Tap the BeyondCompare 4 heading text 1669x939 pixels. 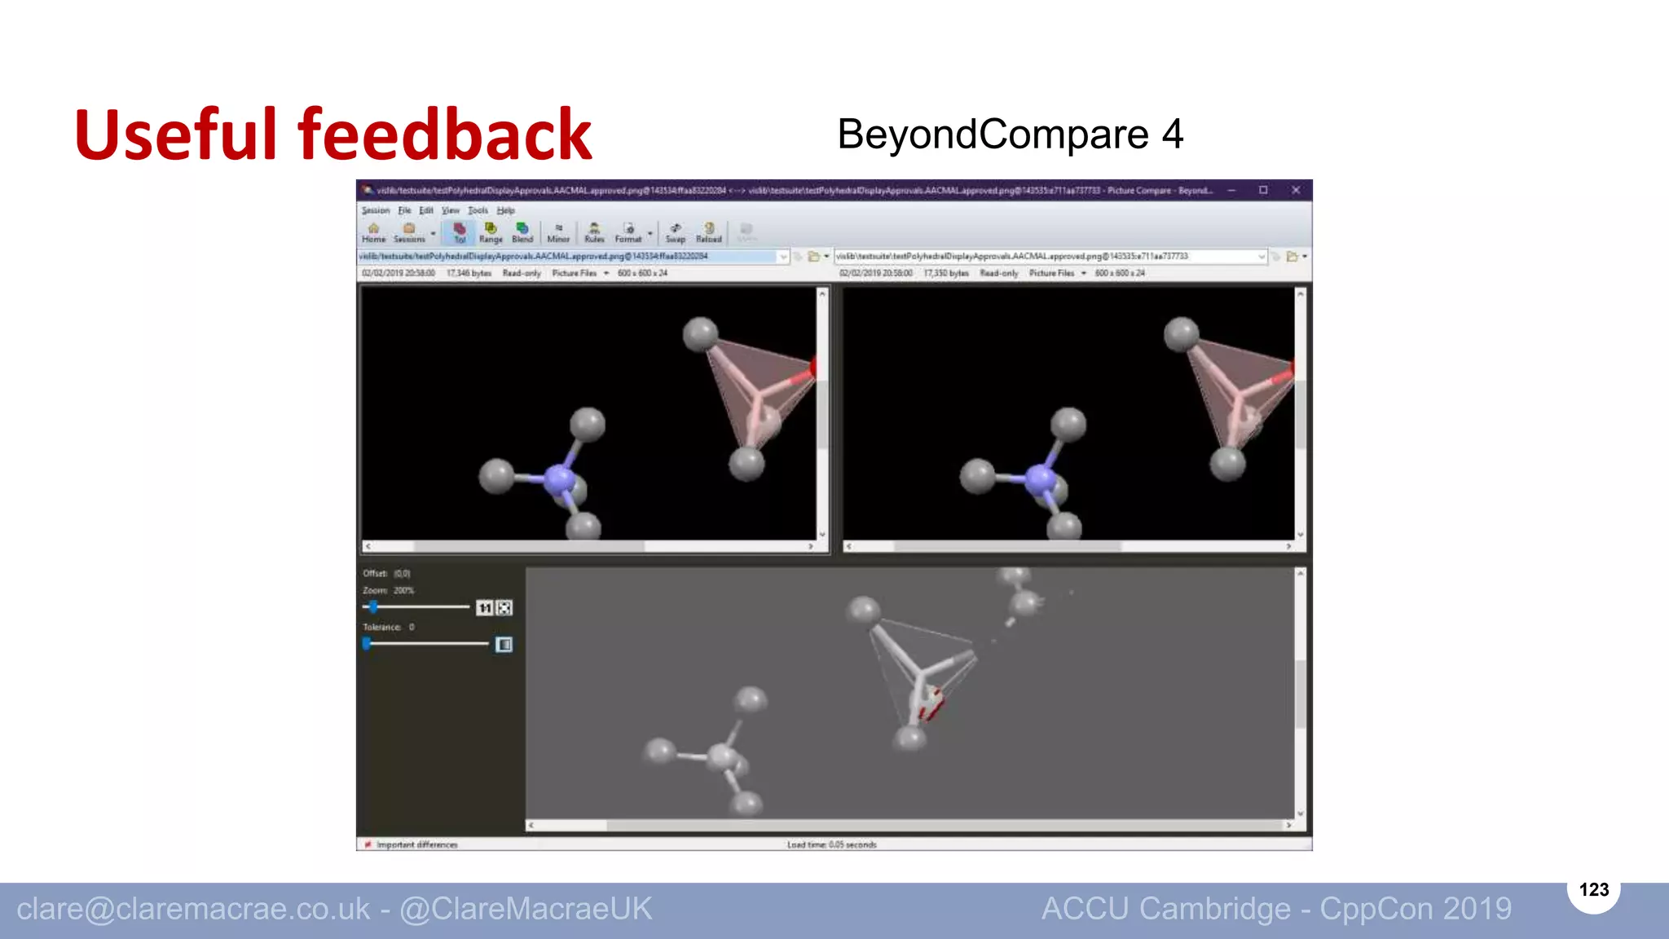[1010, 134]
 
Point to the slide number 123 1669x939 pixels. [1593, 889]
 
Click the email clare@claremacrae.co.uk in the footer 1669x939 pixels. [193, 909]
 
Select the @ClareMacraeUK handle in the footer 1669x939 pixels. [526, 909]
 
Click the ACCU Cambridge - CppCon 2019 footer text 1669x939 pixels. [1276, 909]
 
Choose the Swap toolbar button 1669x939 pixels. [675, 232]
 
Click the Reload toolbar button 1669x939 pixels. [709, 232]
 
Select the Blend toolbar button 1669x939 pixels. [522, 232]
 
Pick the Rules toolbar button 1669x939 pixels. [594, 232]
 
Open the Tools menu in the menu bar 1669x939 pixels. [478, 210]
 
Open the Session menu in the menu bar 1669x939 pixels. [376, 210]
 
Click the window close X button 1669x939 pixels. [1296, 190]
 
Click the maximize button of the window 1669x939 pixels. [1263, 190]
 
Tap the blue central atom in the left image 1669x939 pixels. [559, 479]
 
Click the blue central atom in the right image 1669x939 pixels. [1040, 479]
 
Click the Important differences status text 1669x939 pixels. [416, 844]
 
